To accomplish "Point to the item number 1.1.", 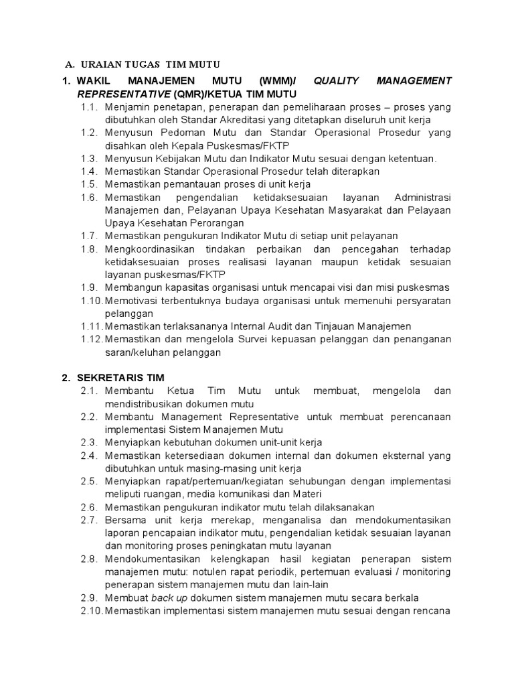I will point(89,107).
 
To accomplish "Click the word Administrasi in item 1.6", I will point(423,197).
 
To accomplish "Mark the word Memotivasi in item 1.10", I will point(131,300).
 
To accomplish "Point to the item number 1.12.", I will point(91,339).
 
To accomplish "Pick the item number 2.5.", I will point(89,481).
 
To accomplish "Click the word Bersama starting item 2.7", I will point(124,520).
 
